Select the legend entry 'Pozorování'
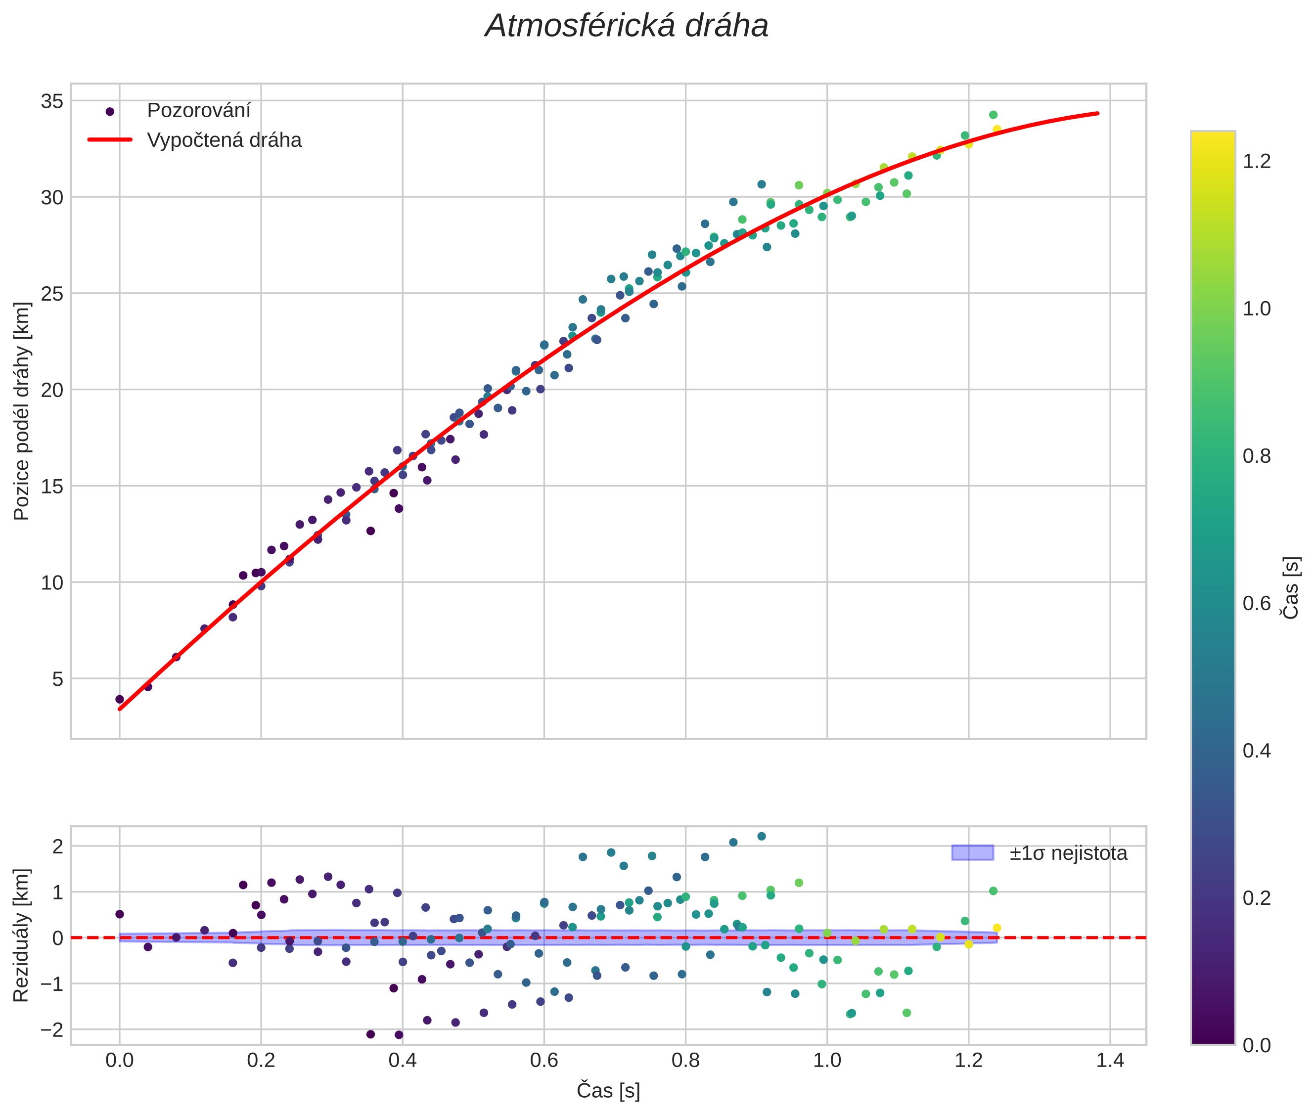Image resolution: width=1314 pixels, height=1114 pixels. (x=198, y=111)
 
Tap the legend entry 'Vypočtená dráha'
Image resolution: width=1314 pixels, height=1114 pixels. (x=224, y=140)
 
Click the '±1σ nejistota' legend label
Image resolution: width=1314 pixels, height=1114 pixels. (x=1068, y=853)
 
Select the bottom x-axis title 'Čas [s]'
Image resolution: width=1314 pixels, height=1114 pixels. (x=608, y=1091)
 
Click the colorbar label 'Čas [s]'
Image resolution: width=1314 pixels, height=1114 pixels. (x=1291, y=588)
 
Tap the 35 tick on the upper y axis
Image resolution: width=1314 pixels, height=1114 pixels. (x=52, y=101)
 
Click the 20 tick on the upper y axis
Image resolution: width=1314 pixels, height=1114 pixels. (x=52, y=390)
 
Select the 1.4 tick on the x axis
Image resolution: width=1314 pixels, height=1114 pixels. (x=1110, y=1060)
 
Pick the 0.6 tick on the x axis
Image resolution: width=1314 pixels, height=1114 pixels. (x=544, y=1060)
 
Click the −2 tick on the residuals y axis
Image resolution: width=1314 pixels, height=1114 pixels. (x=52, y=1030)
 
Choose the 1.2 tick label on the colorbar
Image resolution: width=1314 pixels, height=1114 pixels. (x=1257, y=161)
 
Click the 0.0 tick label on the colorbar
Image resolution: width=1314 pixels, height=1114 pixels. (x=1257, y=1045)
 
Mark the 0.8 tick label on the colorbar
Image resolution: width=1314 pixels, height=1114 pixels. (x=1257, y=456)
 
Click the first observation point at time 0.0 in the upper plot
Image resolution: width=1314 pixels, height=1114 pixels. (x=119, y=699)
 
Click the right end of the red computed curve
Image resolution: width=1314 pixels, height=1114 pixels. (x=1098, y=114)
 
